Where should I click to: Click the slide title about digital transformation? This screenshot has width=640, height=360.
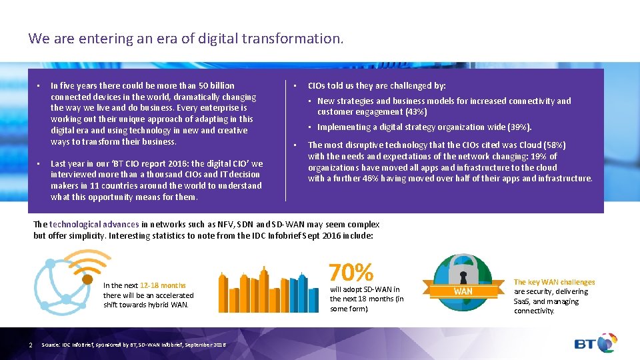tap(186, 39)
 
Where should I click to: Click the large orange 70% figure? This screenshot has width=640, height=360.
tap(351, 272)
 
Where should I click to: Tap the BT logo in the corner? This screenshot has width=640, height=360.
tap(596, 343)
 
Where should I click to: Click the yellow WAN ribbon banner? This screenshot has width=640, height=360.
tap(463, 291)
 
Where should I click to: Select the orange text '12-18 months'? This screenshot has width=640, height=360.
tap(163, 285)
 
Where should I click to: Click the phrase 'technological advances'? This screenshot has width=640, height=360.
tap(94, 225)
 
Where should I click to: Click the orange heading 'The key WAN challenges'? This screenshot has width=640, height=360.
tap(554, 282)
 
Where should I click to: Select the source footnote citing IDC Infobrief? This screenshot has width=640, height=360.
tap(133, 344)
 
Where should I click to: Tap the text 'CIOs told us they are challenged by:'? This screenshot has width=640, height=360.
tap(377, 85)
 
